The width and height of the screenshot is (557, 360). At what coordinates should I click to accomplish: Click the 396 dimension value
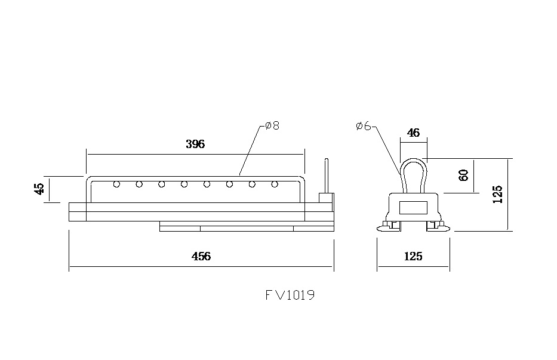click(195, 144)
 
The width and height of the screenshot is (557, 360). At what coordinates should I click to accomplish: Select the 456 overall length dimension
click(201, 256)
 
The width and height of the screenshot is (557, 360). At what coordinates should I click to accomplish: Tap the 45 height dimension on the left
click(39, 189)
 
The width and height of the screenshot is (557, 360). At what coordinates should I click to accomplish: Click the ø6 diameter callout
click(363, 126)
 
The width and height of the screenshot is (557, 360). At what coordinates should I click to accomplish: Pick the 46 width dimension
click(413, 133)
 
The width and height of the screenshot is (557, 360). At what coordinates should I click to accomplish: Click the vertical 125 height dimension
click(498, 194)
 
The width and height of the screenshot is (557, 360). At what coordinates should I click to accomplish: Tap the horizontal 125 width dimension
click(413, 256)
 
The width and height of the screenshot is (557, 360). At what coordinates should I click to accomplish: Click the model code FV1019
click(290, 295)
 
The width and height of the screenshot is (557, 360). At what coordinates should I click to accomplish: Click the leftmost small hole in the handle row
click(116, 184)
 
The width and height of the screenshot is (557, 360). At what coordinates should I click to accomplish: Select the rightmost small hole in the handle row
click(275, 184)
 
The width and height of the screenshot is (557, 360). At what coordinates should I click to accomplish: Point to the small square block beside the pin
click(325, 198)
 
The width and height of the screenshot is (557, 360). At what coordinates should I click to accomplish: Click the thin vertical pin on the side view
click(327, 175)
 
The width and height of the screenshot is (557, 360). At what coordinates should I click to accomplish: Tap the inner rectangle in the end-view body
click(413, 208)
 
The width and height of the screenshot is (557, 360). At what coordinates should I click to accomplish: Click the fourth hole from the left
click(184, 184)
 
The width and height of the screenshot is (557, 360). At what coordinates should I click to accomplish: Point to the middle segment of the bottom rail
click(247, 227)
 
